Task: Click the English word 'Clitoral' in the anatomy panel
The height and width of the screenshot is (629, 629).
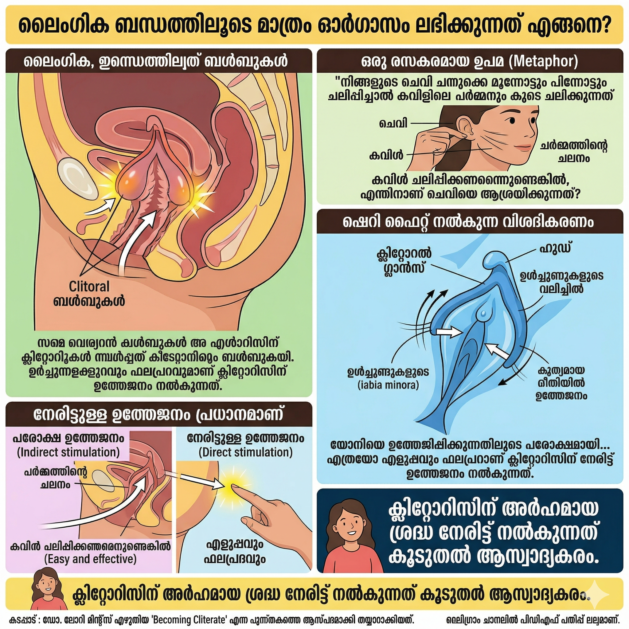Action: click(89, 287)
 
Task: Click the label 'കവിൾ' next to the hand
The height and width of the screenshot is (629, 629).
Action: click(386, 155)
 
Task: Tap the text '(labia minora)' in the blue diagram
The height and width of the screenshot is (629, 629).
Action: click(388, 385)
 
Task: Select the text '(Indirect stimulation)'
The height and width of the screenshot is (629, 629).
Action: click(68, 452)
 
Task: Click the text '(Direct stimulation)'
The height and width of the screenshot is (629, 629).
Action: click(245, 452)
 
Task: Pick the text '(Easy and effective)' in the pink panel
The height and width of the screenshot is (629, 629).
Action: click(90, 559)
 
